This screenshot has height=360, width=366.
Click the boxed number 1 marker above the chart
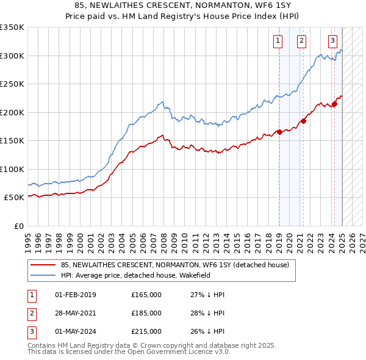point(278,41)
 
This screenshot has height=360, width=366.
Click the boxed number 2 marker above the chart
point(301,41)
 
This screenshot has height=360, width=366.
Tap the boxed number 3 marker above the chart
point(332,41)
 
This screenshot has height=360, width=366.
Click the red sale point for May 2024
point(334,104)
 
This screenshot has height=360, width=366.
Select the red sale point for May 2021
point(304,120)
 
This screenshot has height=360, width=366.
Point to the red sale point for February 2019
point(279,132)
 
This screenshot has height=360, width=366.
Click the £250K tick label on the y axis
point(12,84)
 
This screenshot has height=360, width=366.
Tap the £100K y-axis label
point(12,169)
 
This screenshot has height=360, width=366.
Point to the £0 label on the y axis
point(18,226)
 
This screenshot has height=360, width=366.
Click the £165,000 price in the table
point(146,295)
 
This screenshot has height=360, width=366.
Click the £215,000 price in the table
point(146,331)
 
